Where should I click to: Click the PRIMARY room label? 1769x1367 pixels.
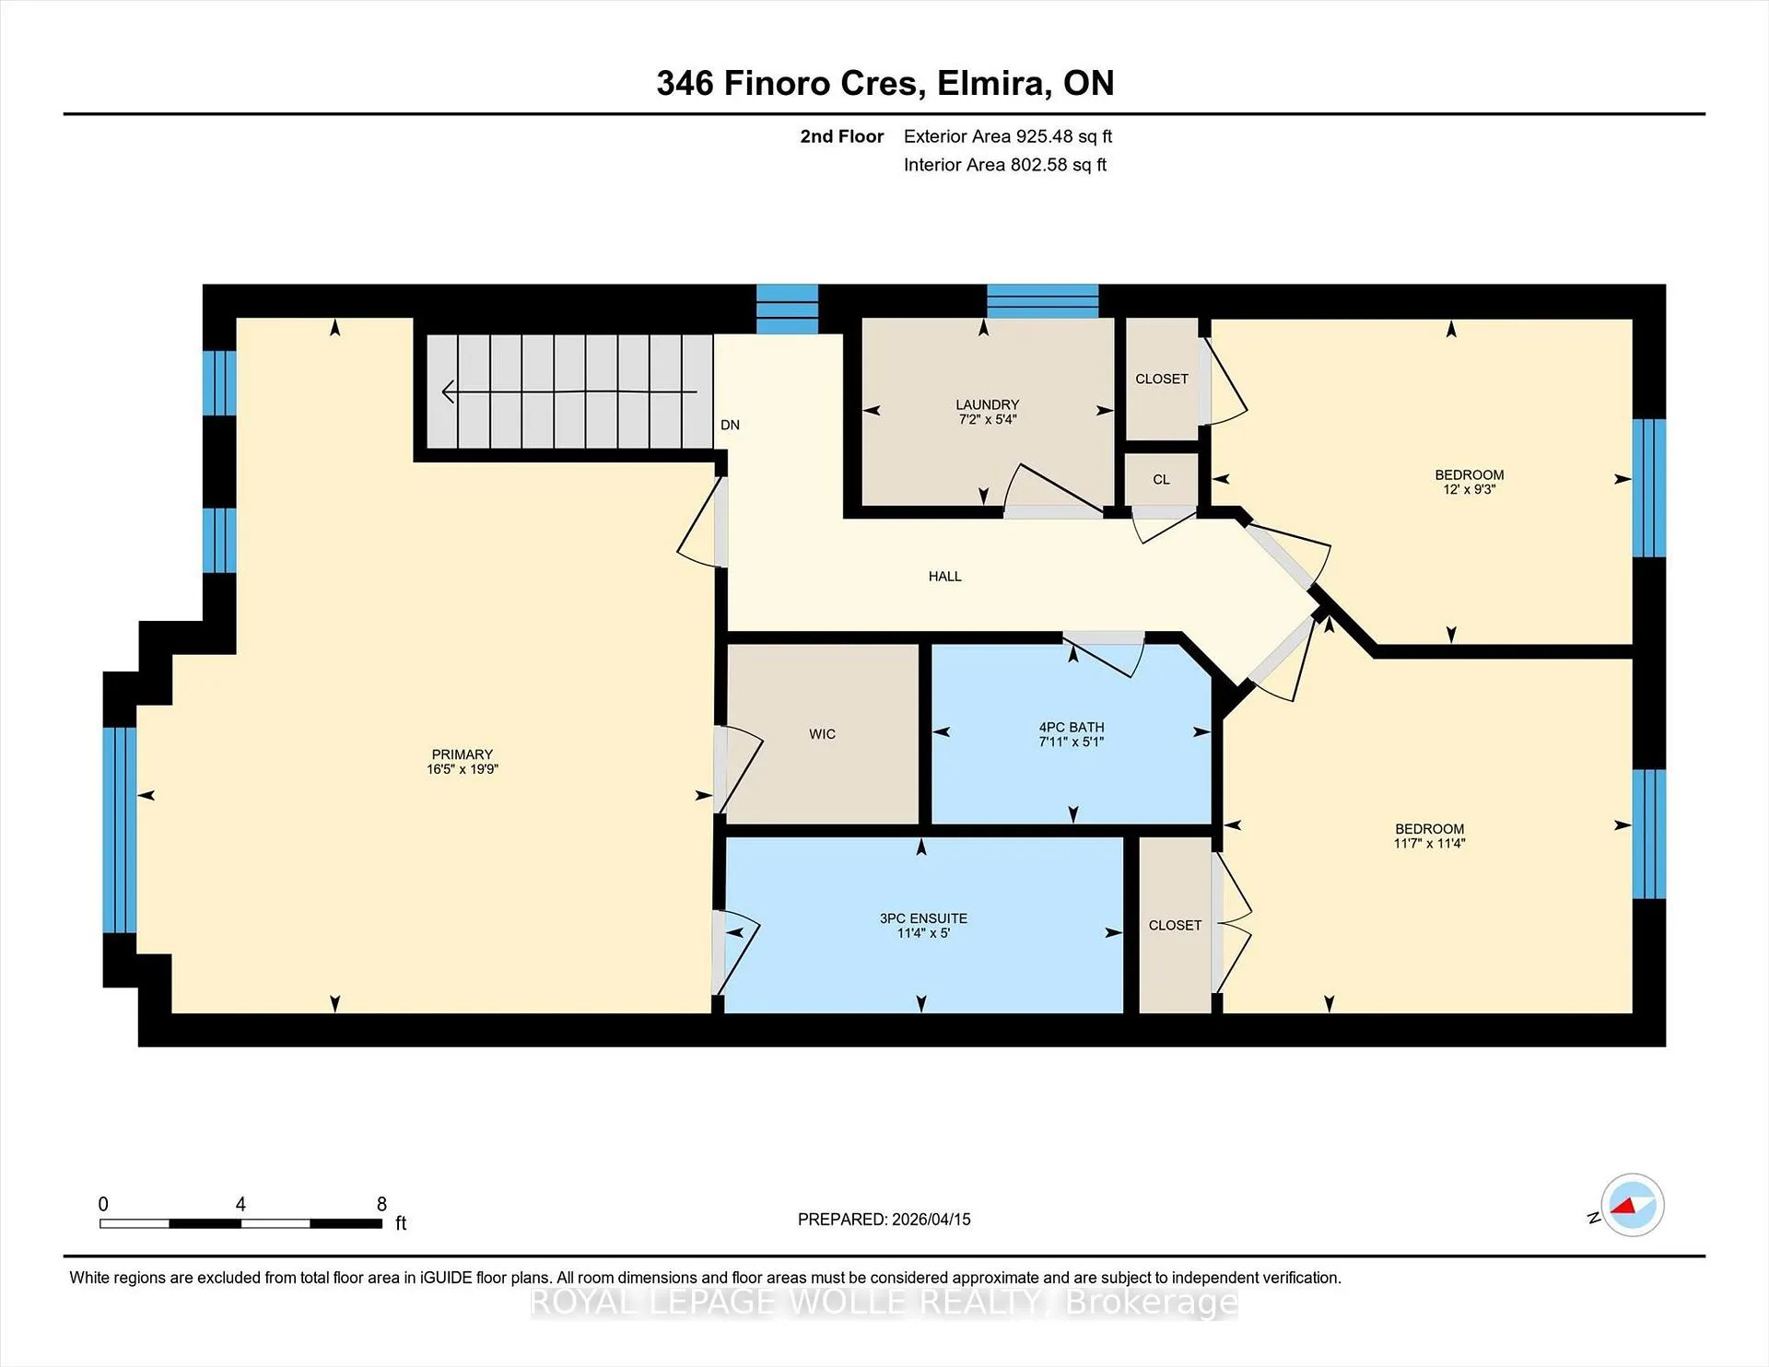pyautogui.click(x=463, y=754)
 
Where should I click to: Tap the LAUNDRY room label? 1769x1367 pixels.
pyautogui.click(x=987, y=404)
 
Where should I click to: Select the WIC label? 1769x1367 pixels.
pyautogui.click(x=823, y=734)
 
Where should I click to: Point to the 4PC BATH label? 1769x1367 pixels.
pyautogui.click(x=1072, y=728)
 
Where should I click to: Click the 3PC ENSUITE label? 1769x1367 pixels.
pyautogui.click(x=923, y=918)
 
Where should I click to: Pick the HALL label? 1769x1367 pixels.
pyautogui.click(x=945, y=577)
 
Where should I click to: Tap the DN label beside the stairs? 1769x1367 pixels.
pyautogui.click(x=730, y=425)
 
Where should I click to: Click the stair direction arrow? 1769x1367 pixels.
pyautogui.click(x=569, y=392)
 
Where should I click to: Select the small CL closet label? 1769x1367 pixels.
pyautogui.click(x=1161, y=480)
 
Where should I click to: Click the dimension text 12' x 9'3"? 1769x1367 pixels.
pyautogui.click(x=1469, y=489)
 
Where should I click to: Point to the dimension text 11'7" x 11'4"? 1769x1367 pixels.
pyautogui.click(x=1429, y=843)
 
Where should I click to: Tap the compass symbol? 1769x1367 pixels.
pyautogui.click(x=1632, y=1205)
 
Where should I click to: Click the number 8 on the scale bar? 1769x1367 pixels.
pyautogui.click(x=381, y=1204)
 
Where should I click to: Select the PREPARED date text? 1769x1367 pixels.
pyautogui.click(x=884, y=1219)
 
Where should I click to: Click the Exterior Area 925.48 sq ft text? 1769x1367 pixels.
pyautogui.click(x=1008, y=136)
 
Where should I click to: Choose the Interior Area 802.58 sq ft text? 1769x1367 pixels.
pyautogui.click(x=1005, y=165)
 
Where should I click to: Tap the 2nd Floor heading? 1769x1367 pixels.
pyautogui.click(x=842, y=136)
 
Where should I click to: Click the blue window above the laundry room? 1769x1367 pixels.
pyautogui.click(x=1043, y=301)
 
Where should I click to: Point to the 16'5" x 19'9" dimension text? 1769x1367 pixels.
pyautogui.click(x=463, y=769)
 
